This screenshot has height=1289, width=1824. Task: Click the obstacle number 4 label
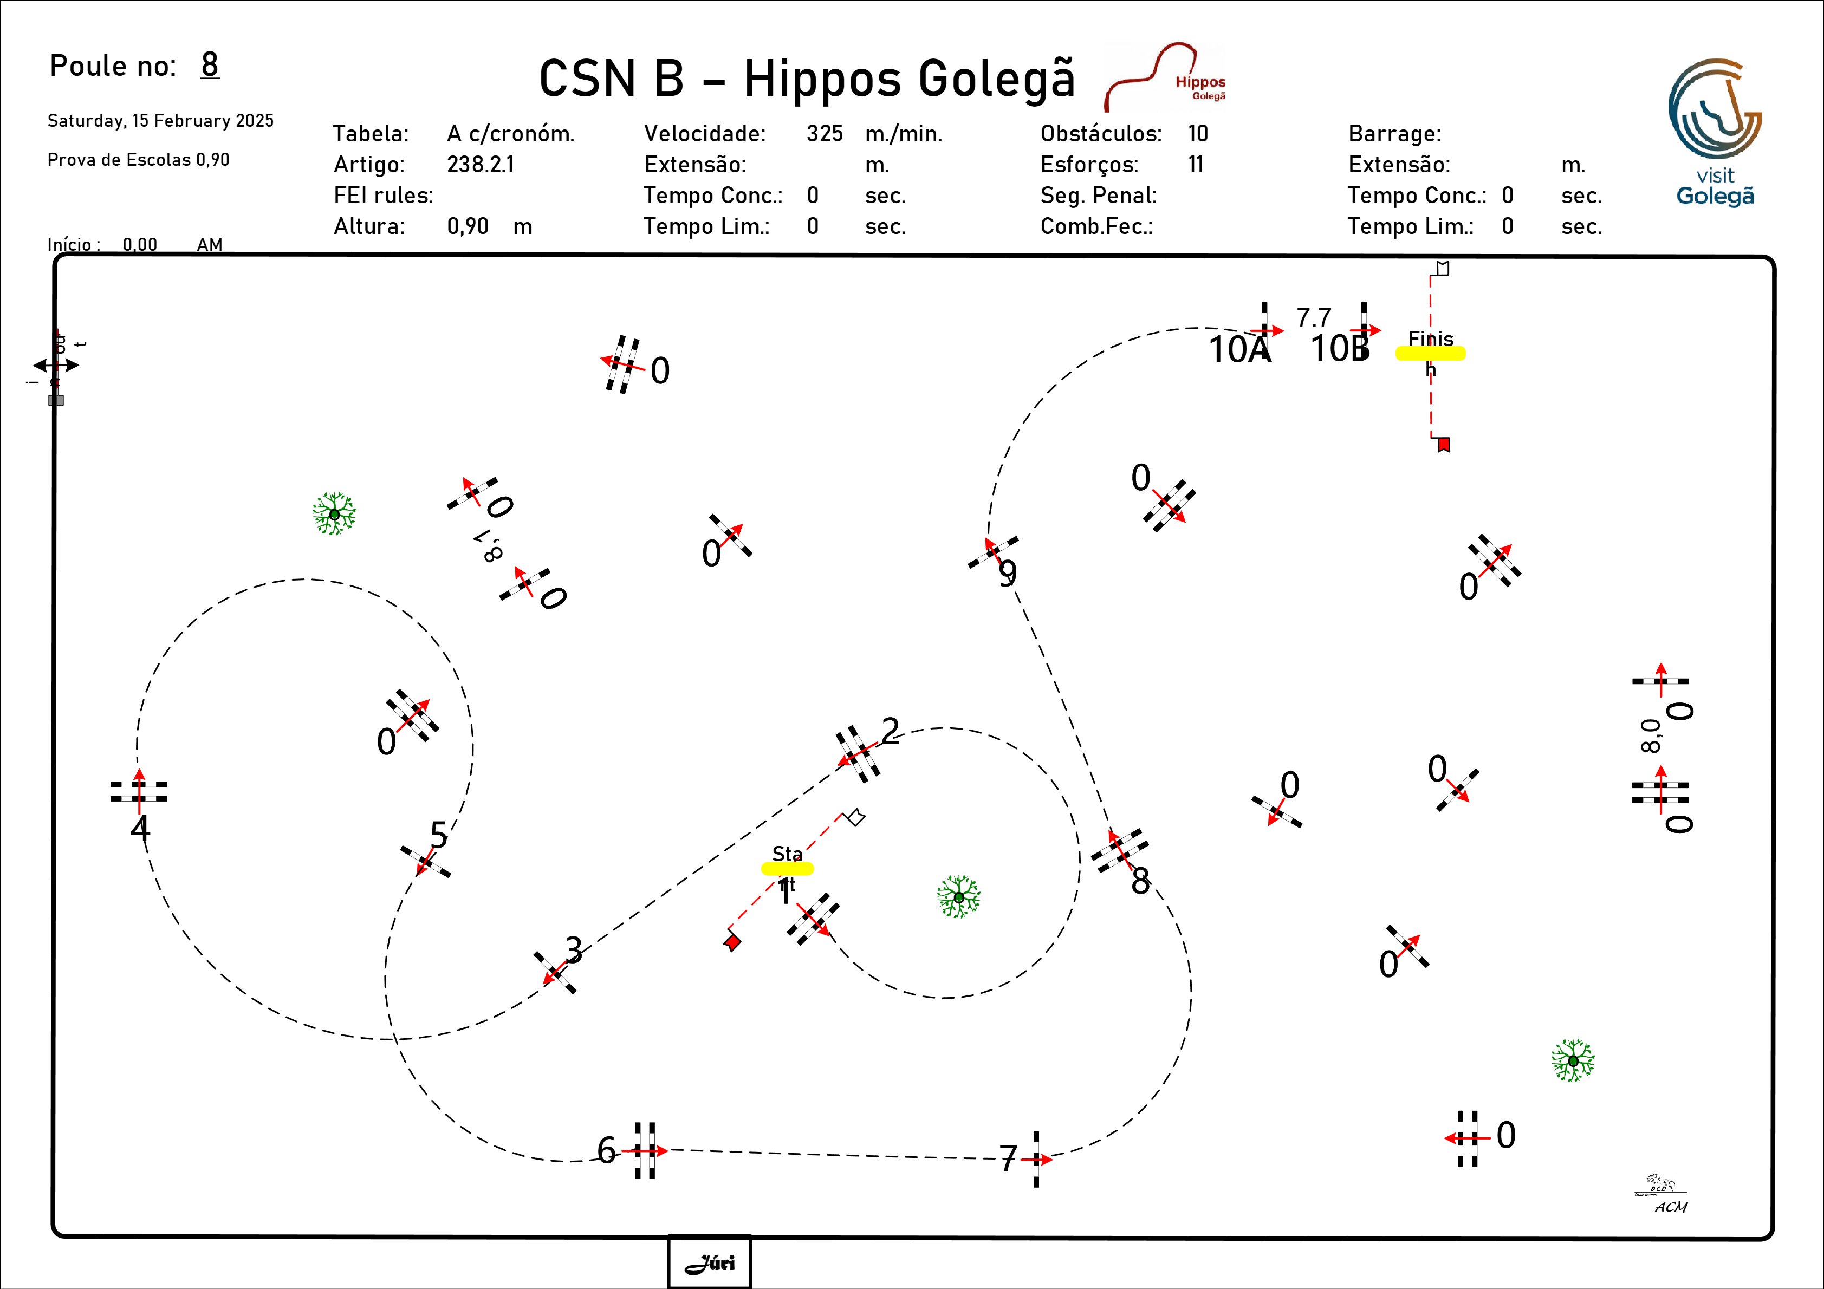(x=140, y=828)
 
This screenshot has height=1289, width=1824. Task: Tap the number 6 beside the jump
(x=606, y=1150)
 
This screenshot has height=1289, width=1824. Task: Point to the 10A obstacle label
(x=1239, y=349)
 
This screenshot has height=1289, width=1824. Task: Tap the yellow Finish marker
(x=1430, y=354)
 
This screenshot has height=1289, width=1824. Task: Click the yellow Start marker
(x=787, y=868)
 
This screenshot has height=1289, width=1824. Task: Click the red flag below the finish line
(x=1444, y=444)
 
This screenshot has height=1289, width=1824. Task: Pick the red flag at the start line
(x=732, y=943)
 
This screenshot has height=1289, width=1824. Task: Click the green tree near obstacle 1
(x=959, y=897)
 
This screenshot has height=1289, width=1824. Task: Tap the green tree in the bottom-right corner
(x=1573, y=1060)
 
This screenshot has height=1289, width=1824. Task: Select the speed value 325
(x=824, y=133)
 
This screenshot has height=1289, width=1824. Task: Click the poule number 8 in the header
(x=210, y=64)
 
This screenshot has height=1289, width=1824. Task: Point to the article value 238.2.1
(x=480, y=165)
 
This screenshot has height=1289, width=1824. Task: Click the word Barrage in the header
(x=1394, y=133)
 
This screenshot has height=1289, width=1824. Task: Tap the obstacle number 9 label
(x=1007, y=574)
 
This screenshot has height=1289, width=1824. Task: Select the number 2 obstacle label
(x=891, y=731)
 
